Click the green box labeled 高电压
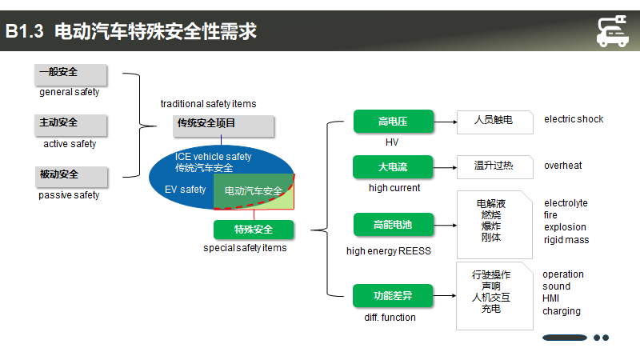click(x=394, y=122)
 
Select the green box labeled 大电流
click(x=393, y=166)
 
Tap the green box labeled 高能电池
click(x=393, y=225)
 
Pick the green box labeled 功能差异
click(x=393, y=295)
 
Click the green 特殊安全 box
click(x=254, y=230)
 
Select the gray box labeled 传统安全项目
click(x=223, y=126)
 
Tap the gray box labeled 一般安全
click(x=70, y=74)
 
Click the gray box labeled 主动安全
click(x=70, y=126)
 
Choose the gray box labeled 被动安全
click(x=71, y=177)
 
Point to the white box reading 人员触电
click(x=494, y=122)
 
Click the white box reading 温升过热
click(x=494, y=167)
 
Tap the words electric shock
click(x=574, y=119)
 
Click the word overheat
click(x=563, y=166)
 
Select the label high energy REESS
click(x=389, y=251)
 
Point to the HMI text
click(x=550, y=298)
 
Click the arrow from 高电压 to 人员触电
click(x=446, y=122)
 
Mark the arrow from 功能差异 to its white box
click(x=445, y=295)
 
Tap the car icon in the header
click(x=612, y=31)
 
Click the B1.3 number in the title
click(x=24, y=31)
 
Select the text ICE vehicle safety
click(x=213, y=156)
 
